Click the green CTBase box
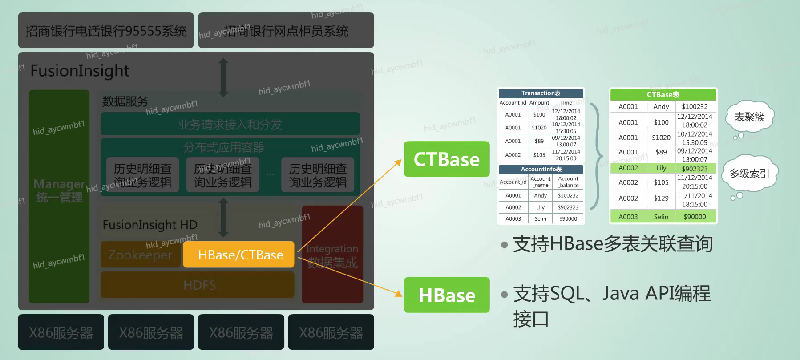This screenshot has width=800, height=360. pyautogui.click(x=446, y=159)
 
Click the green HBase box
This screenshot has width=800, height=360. pyautogui.click(x=446, y=295)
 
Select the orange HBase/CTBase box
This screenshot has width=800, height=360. pyautogui.click(x=239, y=255)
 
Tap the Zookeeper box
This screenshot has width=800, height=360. pyautogui.click(x=140, y=255)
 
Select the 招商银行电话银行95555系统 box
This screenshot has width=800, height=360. pyautogui.click(x=106, y=31)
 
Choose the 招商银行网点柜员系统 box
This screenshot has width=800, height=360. pyautogui.click(x=286, y=31)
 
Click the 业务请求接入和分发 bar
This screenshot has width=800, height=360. pyautogui.click(x=230, y=124)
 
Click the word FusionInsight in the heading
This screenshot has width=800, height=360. pyautogui.click(x=80, y=71)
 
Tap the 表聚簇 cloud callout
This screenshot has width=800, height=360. pyautogui.click(x=749, y=117)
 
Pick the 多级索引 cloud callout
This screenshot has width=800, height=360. pyautogui.click(x=749, y=173)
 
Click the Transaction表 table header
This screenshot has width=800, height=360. pyautogui.click(x=541, y=93)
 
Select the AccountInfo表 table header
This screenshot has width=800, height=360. pyautogui.click(x=541, y=169)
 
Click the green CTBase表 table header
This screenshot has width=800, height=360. pyautogui.click(x=663, y=95)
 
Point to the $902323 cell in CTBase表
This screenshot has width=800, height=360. pyautogui.click(x=695, y=169)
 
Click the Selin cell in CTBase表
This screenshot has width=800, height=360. pyautogui.click(x=661, y=217)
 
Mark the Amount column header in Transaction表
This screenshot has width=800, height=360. pyautogui.click(x=539, y=103)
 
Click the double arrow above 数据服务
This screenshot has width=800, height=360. pyautogui.click(x=223, y=78)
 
